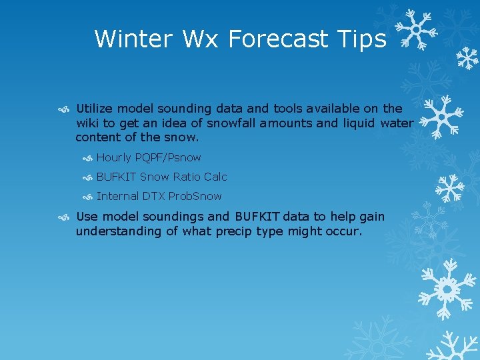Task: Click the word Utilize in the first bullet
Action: [x=95, y=108]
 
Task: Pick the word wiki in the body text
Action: [x=88, y=123]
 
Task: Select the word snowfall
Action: [x=232, y=123]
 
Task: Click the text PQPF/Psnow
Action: [x=168, y=158]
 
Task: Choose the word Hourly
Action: [x=114, y=158]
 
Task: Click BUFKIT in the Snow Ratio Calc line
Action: [x=117, y=177]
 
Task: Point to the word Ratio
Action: [x=187, y=177]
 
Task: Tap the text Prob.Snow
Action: [x=195, y=196]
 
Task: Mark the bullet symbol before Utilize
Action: [x=63, y=109]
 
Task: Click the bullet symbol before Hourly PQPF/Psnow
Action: [x=87, y=159]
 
